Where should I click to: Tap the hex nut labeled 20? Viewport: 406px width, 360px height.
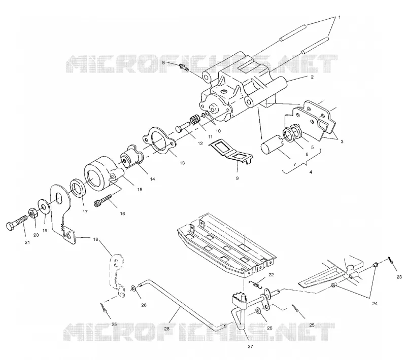point(33,213)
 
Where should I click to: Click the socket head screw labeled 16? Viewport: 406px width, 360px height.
point(104,200)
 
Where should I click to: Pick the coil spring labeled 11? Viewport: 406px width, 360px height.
point(196,120)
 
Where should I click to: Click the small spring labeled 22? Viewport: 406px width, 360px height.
point(256,283)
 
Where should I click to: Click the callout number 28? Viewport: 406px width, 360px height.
point(167,329)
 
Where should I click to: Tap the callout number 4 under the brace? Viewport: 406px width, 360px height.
point(311,172)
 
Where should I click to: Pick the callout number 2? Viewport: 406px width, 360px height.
point(312,77)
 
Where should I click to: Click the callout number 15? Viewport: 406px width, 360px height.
point(140,190)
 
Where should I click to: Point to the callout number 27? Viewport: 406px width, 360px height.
point(250,346)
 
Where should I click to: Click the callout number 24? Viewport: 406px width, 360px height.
point(375,304)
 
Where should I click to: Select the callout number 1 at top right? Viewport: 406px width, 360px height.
point(340,17)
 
